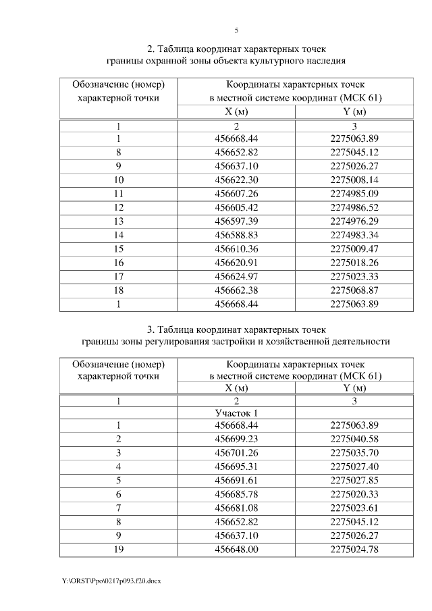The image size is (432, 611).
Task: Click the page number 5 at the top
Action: pyautogui.click(x=236, y=30)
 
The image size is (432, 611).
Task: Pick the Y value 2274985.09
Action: pyautogui.click(x=354, y=193)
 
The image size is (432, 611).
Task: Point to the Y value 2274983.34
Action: pyautogui.click(x=354, y=234)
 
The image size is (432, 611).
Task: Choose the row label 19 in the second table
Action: pyautogui.click(x=119, y=550)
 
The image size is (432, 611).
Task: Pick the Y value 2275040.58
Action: pyautogui.click(x=354, y=439)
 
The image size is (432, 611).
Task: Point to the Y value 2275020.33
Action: pyautogui.click(x=354, y=494)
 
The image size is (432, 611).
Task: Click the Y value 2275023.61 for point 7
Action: pyautogui.click(x=354, y=508)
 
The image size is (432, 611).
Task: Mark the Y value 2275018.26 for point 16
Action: pyautogui.click(x=354, y=262)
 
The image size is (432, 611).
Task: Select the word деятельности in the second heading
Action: pyautogui.click(x=359, y=342)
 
